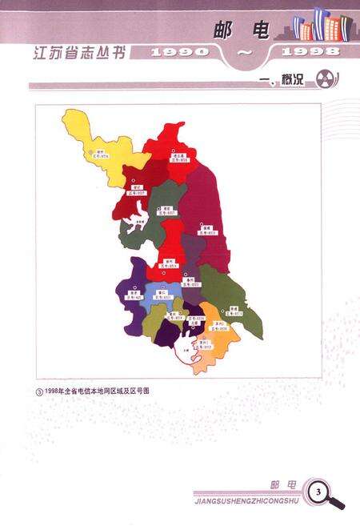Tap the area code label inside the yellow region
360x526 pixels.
coord(102,155)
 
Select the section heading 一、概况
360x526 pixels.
coord(285,82)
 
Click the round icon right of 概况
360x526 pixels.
coord(322,81)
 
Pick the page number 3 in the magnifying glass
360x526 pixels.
coord(318,490)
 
